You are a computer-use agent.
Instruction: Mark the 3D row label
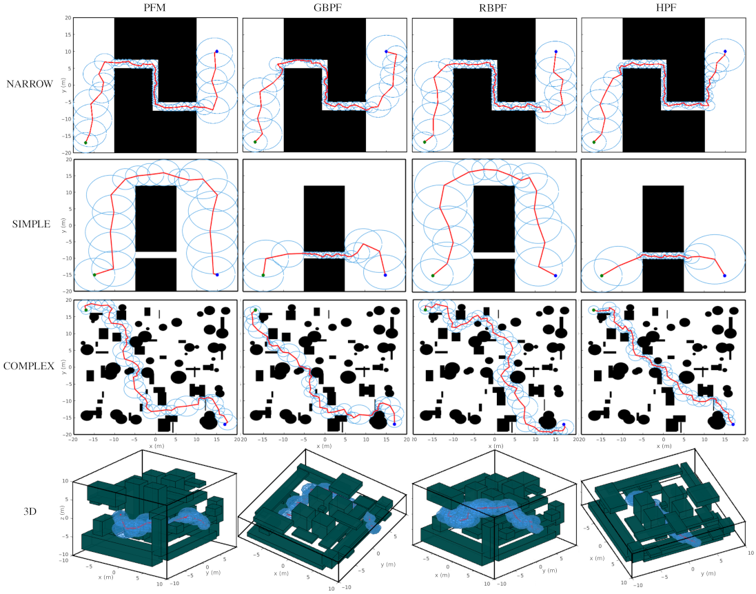[30, 513]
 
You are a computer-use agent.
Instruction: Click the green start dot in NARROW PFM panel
[86, 143]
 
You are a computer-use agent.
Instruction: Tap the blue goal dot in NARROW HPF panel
[725, 51]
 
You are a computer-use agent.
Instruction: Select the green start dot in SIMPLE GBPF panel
[263, 275]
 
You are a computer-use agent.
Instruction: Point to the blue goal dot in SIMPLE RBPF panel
[555, 275]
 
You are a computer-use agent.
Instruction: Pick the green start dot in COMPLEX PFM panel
[86, 310]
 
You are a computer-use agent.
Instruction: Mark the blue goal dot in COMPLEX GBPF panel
[394, 424]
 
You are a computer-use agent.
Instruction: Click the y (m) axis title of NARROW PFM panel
[63, 85]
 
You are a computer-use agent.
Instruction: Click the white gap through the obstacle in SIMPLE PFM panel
[155, 256]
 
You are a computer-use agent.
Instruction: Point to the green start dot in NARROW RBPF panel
[425, 142]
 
